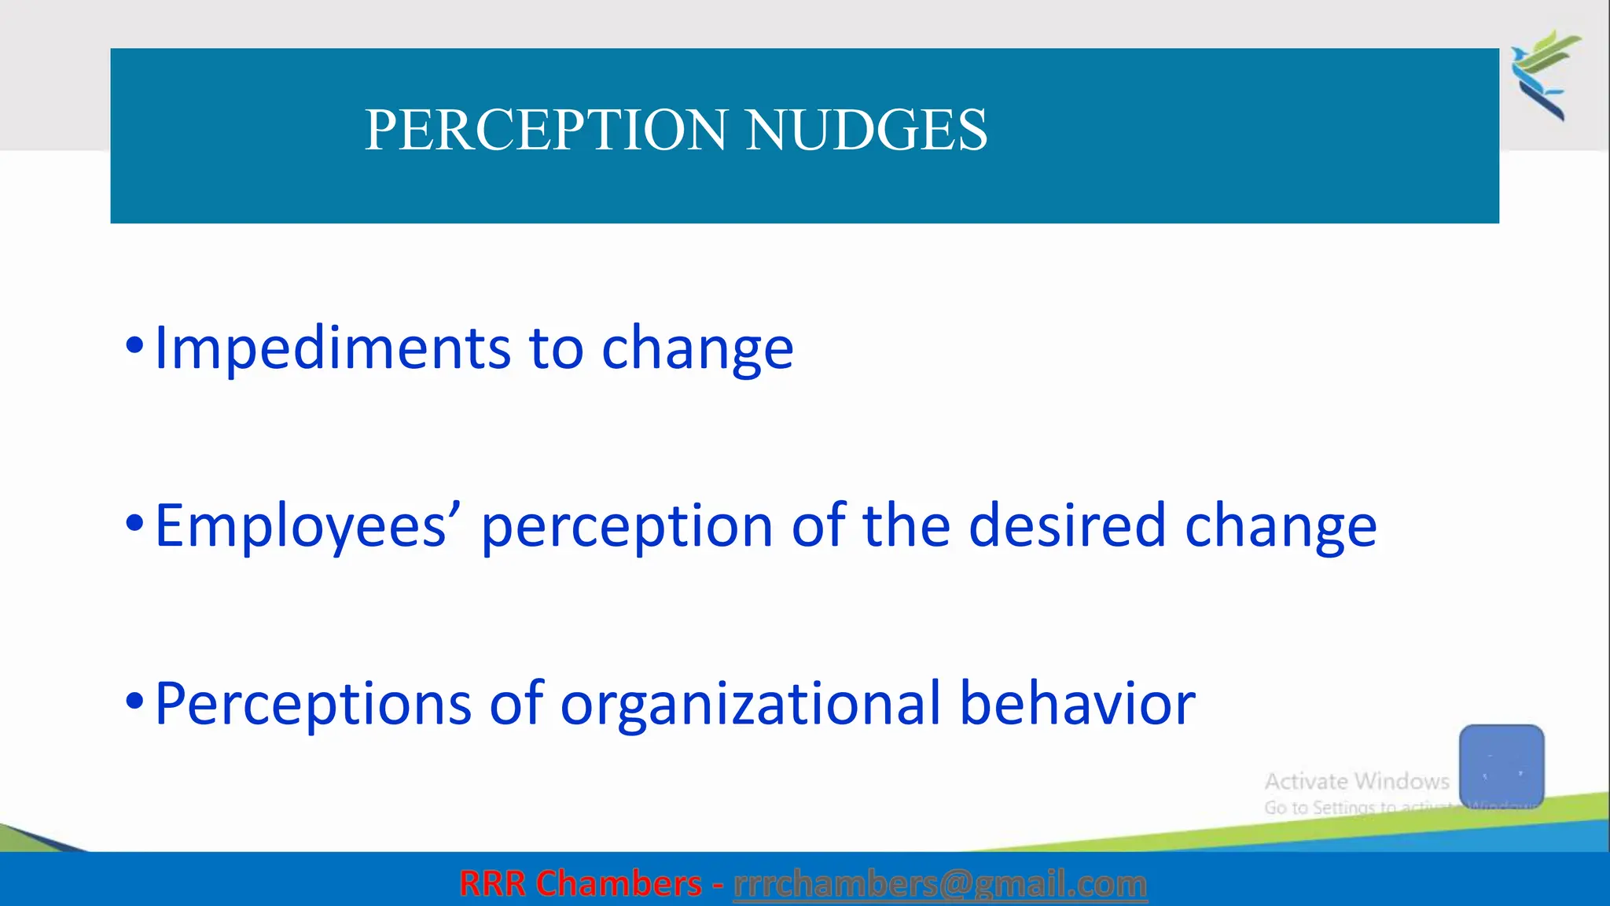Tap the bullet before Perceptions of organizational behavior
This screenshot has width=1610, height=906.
click(135, 701)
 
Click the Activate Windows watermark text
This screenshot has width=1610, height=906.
click(1357, 782)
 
